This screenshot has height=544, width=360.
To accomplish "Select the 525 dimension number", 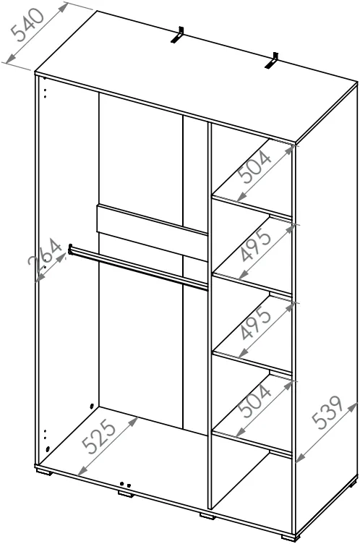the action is pos(99,435).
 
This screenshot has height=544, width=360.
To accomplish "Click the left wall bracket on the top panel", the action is pos(177,35).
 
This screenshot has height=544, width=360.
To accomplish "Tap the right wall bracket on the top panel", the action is pos(273,60).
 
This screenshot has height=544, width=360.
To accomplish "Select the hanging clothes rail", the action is pos(139,267).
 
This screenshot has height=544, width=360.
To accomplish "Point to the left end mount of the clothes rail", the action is pos(70,250).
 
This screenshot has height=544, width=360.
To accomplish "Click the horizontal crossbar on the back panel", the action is pos(152,231).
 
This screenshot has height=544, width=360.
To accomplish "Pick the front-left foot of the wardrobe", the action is pos(44,471).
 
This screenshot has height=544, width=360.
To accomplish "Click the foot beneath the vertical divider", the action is pos(207,516).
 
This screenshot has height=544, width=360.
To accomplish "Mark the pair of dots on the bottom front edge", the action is pos(125,485).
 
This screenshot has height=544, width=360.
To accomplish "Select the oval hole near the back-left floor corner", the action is pos(92,406).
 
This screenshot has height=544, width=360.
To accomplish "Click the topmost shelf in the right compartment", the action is pos(252,205).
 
